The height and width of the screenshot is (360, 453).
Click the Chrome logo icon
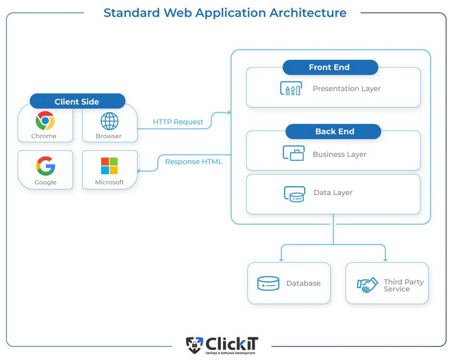[x=45, y=121]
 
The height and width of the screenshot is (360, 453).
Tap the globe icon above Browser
[x=109, y=121]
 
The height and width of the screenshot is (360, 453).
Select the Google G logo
[x=45, y=166]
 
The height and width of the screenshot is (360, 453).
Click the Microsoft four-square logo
[x=109, y=166]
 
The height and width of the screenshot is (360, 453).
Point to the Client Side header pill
[x=77, y=102]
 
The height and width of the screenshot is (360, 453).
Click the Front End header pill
[x=329, y=67]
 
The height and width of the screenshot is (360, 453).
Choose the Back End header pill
[x=334, y=131]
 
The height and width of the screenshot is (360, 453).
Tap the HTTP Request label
[x=178, y=122]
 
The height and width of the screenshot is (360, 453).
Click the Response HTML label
[x=194, y=162]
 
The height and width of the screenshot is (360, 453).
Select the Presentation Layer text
[x=346, y=89]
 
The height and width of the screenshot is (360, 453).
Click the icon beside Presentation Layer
[x=291, y=89]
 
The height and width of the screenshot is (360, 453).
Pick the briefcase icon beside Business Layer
[x=293, y=153]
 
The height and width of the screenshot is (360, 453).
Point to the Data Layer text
[x=333, y=193]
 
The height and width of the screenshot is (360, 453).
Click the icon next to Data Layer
[x=294, y=193]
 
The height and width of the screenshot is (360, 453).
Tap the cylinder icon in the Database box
[x=269, y=283]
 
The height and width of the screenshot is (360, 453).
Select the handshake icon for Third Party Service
[x=367, y=285]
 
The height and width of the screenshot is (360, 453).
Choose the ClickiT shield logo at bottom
[x=194, y=345]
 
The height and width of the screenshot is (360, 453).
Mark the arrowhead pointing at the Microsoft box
[x=139, y=171]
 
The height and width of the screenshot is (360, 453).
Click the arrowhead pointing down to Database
[x=281, y=259]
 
